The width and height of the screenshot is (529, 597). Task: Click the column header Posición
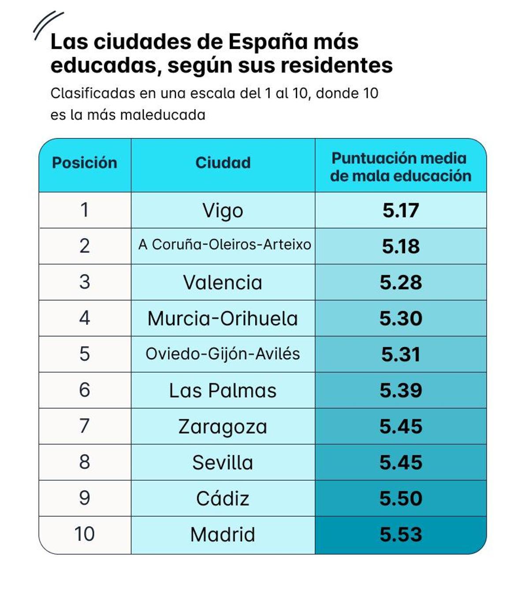[85, 163]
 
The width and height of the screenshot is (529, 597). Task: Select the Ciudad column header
[223, 163]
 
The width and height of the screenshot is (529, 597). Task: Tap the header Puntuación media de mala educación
[400, 167]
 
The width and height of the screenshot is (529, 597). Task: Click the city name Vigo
[223, 211]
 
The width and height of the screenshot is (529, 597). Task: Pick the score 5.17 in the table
[400, 210]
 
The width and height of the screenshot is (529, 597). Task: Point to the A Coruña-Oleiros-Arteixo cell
[224, 245]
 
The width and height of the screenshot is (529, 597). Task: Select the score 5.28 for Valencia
[400, 283]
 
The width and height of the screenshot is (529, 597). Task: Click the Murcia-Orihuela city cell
[223, 319]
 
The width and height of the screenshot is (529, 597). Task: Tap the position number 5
[85, 354]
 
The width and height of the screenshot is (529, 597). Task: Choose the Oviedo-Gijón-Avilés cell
[223, 354]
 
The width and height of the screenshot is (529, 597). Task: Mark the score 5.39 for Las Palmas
[400, 391]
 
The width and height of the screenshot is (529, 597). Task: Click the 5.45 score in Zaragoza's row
[400, 427]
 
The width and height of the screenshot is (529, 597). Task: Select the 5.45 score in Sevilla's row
[400, 463]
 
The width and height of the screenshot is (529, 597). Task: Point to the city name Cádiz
[223, 499]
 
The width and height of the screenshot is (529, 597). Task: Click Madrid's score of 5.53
[400, 535]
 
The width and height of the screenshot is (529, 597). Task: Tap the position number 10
[85, 534]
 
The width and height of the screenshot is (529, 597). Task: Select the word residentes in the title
[336, 66]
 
